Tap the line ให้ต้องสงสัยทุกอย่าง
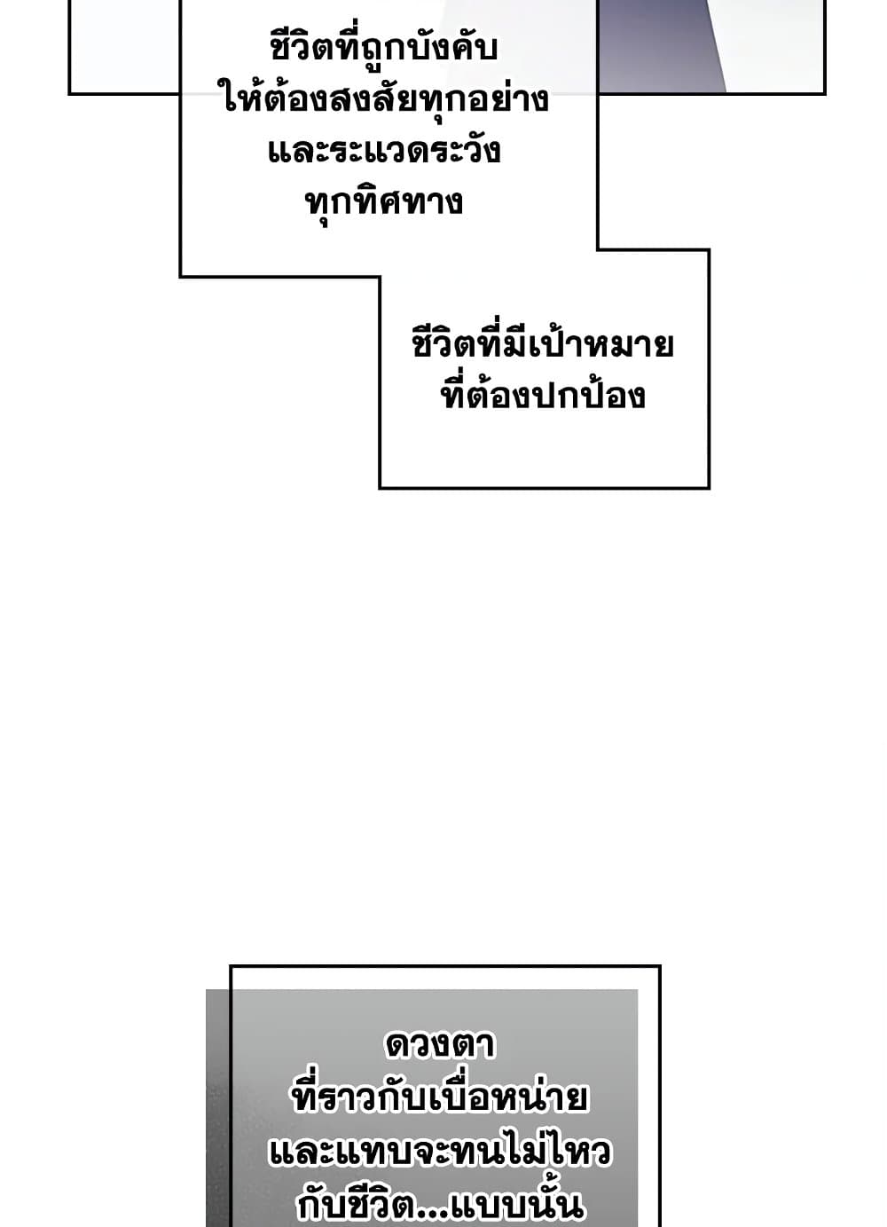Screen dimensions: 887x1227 click(x=386, y=98)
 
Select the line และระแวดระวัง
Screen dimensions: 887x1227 click(x=384, y=150)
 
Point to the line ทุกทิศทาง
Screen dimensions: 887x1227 click(x=384, y=202)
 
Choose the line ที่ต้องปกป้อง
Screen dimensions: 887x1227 click(x=543, y=395)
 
